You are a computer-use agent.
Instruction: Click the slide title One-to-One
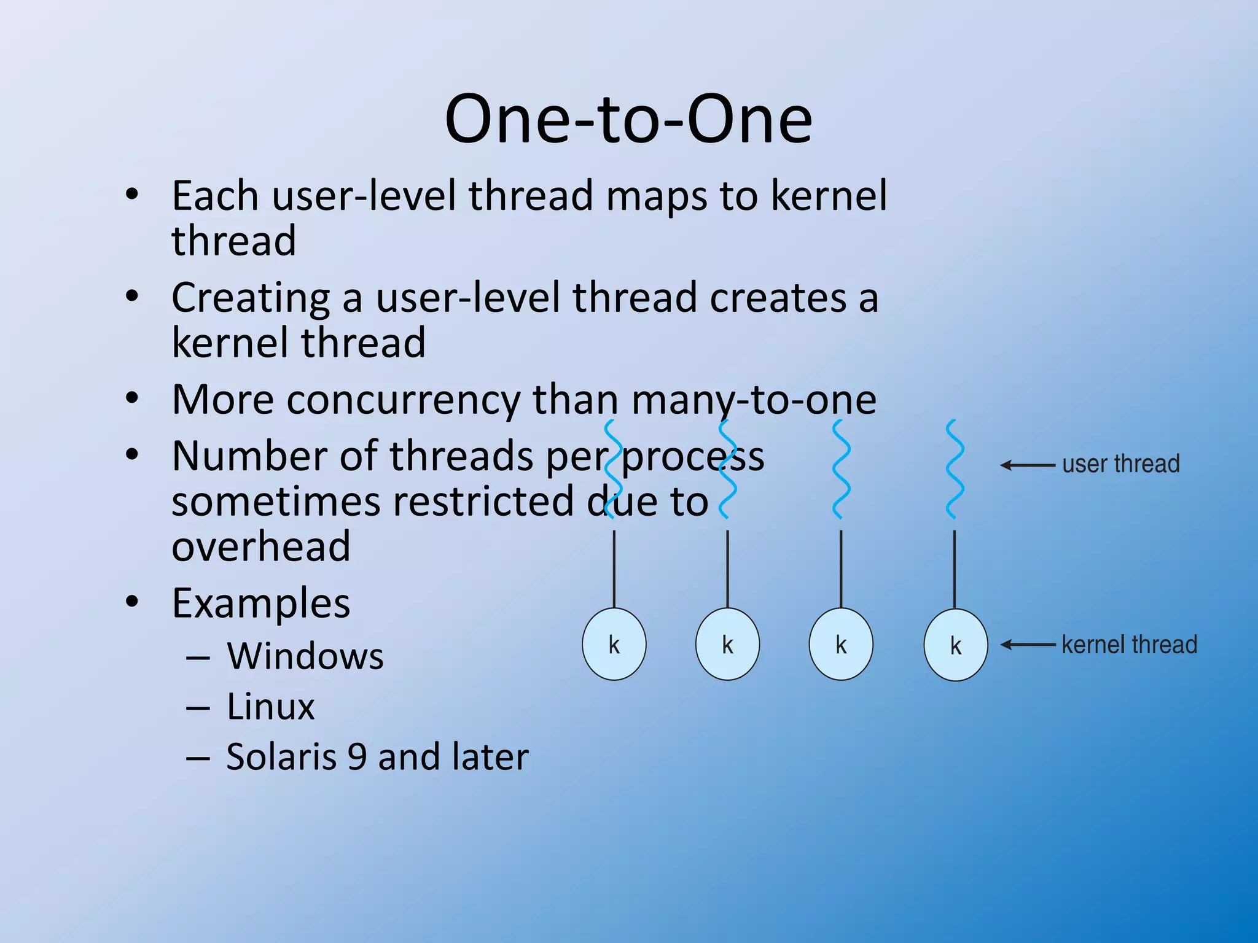coord(628,119)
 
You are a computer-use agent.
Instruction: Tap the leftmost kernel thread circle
coord(614,644)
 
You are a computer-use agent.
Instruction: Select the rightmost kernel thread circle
coord(955,645)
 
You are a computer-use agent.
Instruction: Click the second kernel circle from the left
coord(727,644)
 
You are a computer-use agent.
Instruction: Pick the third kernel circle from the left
coord(841,644)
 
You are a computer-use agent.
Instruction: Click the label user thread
coord(1120,464)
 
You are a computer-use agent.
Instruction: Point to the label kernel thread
coord(1129,645)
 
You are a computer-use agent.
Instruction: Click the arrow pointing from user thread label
coord(1028,465)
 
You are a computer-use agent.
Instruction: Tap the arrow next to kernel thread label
coord(1028,645)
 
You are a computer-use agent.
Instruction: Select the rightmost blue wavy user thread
coord(955,470)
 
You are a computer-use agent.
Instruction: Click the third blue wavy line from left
coord(841,470)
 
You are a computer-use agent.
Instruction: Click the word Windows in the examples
coord(305,656)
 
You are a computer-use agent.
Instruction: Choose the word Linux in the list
coord(270,706)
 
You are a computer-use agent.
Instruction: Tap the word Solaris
coord(281,756)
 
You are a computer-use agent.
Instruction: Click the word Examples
coord(261,603)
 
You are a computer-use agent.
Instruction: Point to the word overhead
coord(261,546)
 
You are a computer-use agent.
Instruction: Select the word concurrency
coord(403,400)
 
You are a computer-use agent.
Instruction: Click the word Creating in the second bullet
coord(251,298)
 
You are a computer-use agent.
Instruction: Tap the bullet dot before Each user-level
coord(131,195)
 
